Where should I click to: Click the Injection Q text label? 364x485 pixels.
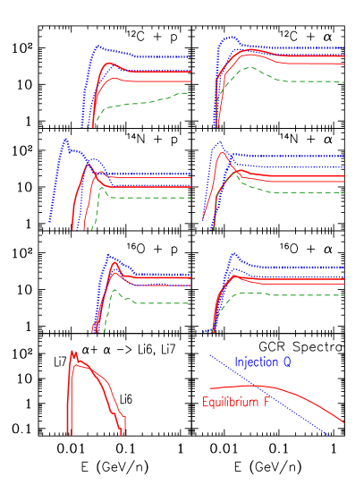262,362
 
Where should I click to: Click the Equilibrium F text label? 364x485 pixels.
236,403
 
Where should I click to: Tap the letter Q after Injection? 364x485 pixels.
287,362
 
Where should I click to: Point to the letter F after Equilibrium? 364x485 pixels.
266,403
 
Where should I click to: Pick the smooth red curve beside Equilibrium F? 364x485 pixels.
313,401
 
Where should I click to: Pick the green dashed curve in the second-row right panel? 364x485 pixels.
295,191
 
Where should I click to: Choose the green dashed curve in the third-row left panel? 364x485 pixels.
152,302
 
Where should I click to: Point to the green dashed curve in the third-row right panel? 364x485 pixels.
295,294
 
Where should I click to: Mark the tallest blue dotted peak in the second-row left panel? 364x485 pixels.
65,140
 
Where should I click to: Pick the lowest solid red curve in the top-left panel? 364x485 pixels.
143,81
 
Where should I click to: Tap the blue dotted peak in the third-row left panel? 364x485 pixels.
109,255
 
